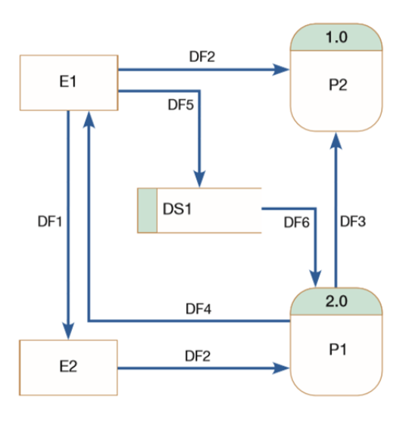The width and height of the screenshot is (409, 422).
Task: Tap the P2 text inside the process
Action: (x=338, y=85)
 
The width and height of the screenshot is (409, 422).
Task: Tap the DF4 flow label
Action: (x=198, y=308)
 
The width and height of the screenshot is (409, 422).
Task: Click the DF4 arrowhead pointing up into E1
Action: (x=90, y=119)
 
